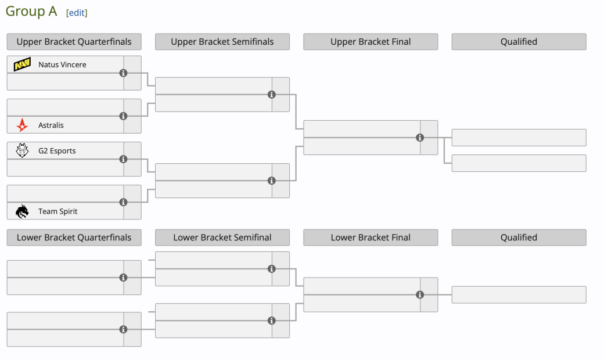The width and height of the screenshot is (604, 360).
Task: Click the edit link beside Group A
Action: (77, 13)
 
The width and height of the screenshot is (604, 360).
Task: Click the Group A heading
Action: (31, 11)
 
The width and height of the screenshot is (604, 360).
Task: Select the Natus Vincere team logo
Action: (22, 64)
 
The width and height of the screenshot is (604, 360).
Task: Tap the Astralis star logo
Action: (22, 125)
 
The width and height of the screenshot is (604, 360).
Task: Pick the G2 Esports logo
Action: (22, 150)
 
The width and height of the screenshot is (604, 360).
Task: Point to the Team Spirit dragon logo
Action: (22, 211)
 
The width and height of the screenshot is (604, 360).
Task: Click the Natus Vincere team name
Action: (62, 64)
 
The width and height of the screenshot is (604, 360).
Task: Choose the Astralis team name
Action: (51, 125)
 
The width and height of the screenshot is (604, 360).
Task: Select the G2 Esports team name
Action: (57, 151)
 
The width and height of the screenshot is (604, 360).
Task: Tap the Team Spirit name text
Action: (57, 211)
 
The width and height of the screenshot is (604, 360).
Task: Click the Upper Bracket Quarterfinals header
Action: (74, 42)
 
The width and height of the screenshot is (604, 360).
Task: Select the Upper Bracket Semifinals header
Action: (222, 42)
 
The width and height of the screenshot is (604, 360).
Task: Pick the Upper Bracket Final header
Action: (371, 42)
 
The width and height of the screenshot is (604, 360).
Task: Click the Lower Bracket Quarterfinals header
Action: (74, 237)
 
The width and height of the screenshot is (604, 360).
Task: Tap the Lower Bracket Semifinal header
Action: (222, 237)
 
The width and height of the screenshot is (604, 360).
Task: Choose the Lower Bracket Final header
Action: (371, 237)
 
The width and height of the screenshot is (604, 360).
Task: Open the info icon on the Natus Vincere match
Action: (123, 73)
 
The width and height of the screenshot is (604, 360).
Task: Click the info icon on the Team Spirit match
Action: (123, 202)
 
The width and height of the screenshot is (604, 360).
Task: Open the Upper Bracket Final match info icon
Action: (420, 138)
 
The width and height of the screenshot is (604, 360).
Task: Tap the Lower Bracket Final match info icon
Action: (420, 294)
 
